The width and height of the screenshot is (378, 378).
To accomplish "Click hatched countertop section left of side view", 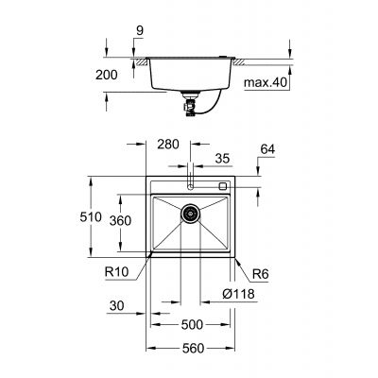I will (x=141, y=62).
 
